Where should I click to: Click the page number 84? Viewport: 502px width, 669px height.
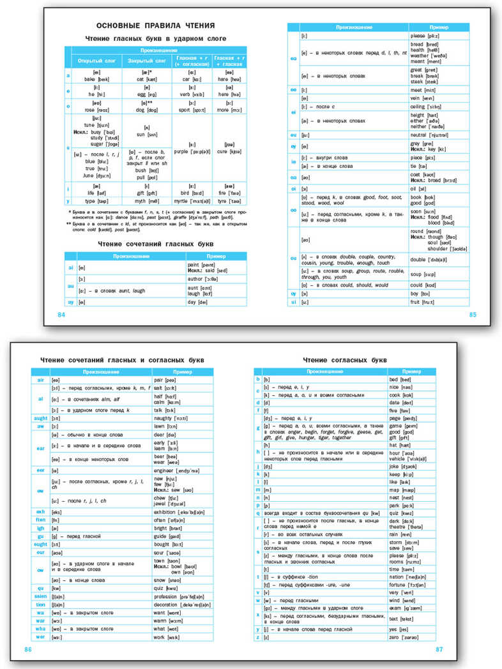tap(61, 315)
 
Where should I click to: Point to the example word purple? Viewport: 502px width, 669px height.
tap(183, 151)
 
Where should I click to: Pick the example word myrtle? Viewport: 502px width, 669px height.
tap(182, 200)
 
